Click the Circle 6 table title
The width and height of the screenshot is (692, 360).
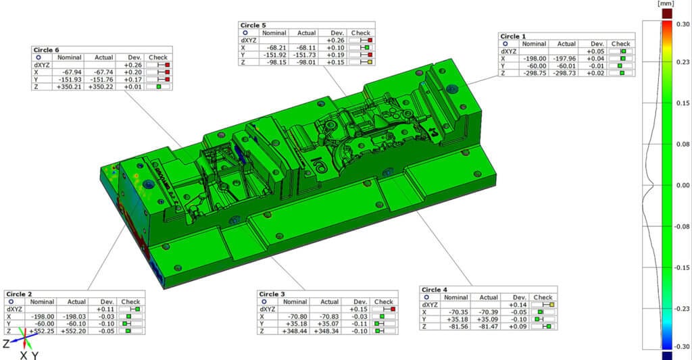[47, 50]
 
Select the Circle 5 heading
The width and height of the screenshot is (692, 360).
[254, 25]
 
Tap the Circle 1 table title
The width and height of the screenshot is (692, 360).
[513, 36]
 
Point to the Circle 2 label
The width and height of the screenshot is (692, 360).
[20, 294]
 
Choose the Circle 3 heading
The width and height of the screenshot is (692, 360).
[272, 294]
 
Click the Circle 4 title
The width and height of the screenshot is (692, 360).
[435, 290]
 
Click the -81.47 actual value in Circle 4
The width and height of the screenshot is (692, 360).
[488, 326]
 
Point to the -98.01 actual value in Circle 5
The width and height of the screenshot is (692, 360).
[306, 62]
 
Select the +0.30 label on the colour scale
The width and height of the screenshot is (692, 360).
[682, 24]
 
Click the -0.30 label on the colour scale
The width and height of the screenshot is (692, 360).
[682, 346]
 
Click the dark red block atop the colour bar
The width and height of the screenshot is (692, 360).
[667, 13]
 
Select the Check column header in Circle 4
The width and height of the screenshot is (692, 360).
[543, 297]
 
